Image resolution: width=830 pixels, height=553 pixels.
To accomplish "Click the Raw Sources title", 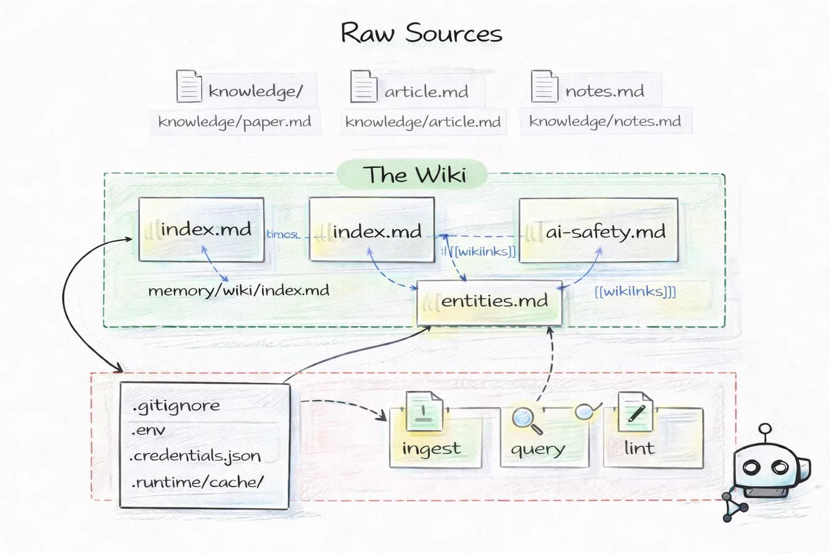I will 421,33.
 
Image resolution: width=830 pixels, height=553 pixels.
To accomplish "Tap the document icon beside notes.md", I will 544,86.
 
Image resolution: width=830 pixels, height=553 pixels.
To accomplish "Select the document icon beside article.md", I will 363,86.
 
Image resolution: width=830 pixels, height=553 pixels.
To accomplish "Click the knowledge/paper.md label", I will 235,122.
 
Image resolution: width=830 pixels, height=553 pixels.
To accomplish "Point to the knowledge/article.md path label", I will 423,122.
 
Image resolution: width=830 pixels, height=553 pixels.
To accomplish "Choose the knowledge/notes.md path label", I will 605,121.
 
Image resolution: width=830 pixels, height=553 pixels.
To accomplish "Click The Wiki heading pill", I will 414,175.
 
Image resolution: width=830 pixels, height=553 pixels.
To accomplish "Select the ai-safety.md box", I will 598,230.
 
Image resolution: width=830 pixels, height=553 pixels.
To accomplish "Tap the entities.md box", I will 489,302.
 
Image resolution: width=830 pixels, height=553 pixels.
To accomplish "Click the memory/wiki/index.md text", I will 239,290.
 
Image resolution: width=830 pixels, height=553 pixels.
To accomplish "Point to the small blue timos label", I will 282,234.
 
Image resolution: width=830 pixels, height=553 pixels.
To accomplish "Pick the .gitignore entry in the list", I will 176,406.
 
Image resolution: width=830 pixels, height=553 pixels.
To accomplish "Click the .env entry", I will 148,430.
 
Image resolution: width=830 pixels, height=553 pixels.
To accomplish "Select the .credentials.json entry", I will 196,456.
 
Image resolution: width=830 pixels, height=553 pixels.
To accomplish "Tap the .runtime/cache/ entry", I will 197,482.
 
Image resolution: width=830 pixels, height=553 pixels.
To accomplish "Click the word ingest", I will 431,449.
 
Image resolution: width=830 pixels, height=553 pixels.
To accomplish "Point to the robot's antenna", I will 765,432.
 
